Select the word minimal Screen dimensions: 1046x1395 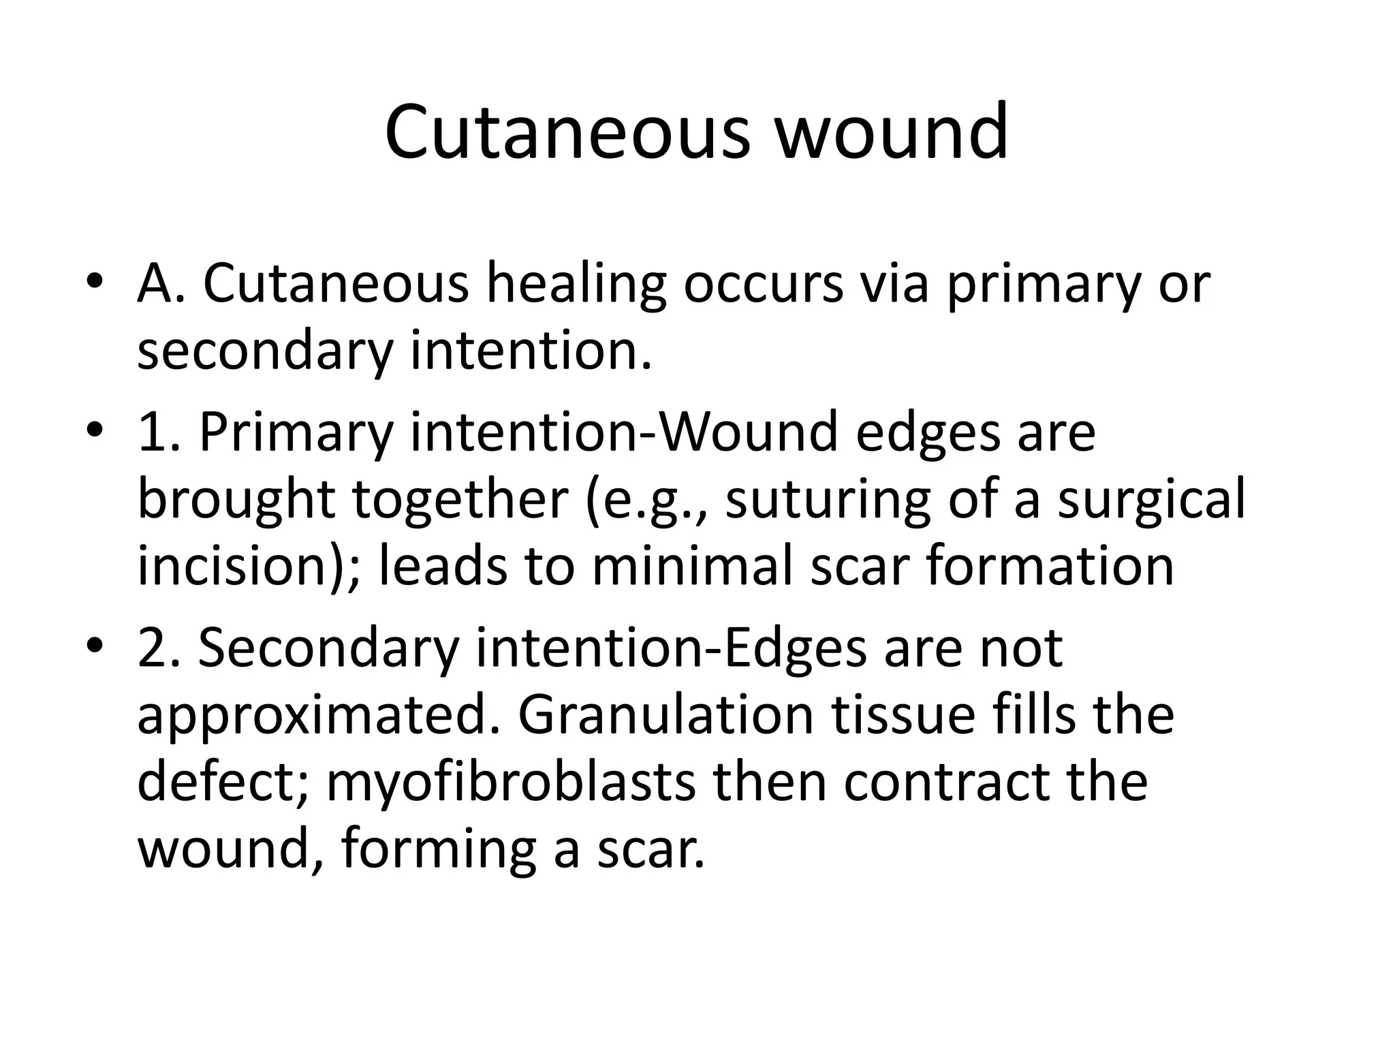(692, 567)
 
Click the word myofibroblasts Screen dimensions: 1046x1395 (512, 783)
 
